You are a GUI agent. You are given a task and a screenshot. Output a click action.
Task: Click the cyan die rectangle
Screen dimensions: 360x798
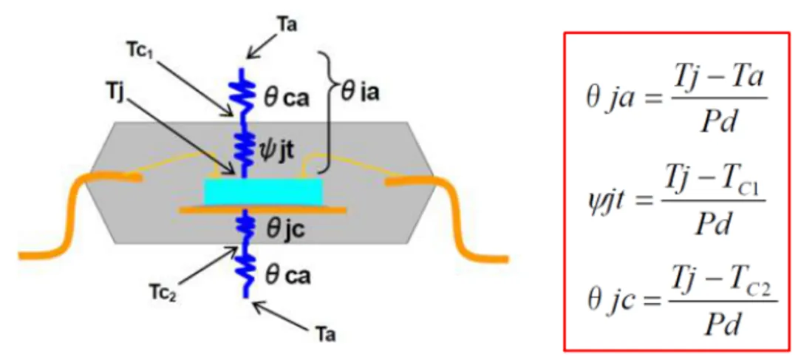[264, 191]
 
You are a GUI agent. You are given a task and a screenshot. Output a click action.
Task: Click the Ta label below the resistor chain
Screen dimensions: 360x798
[325, 334]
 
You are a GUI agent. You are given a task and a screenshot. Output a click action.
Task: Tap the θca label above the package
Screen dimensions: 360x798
[289, 96]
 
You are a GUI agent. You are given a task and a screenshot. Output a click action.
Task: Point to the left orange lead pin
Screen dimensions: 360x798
[74, 214]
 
